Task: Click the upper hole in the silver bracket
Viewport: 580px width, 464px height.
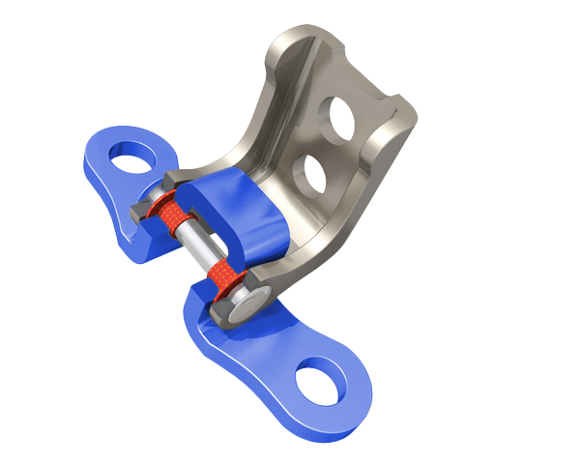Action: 341,115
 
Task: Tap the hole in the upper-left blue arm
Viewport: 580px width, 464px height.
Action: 130,155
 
